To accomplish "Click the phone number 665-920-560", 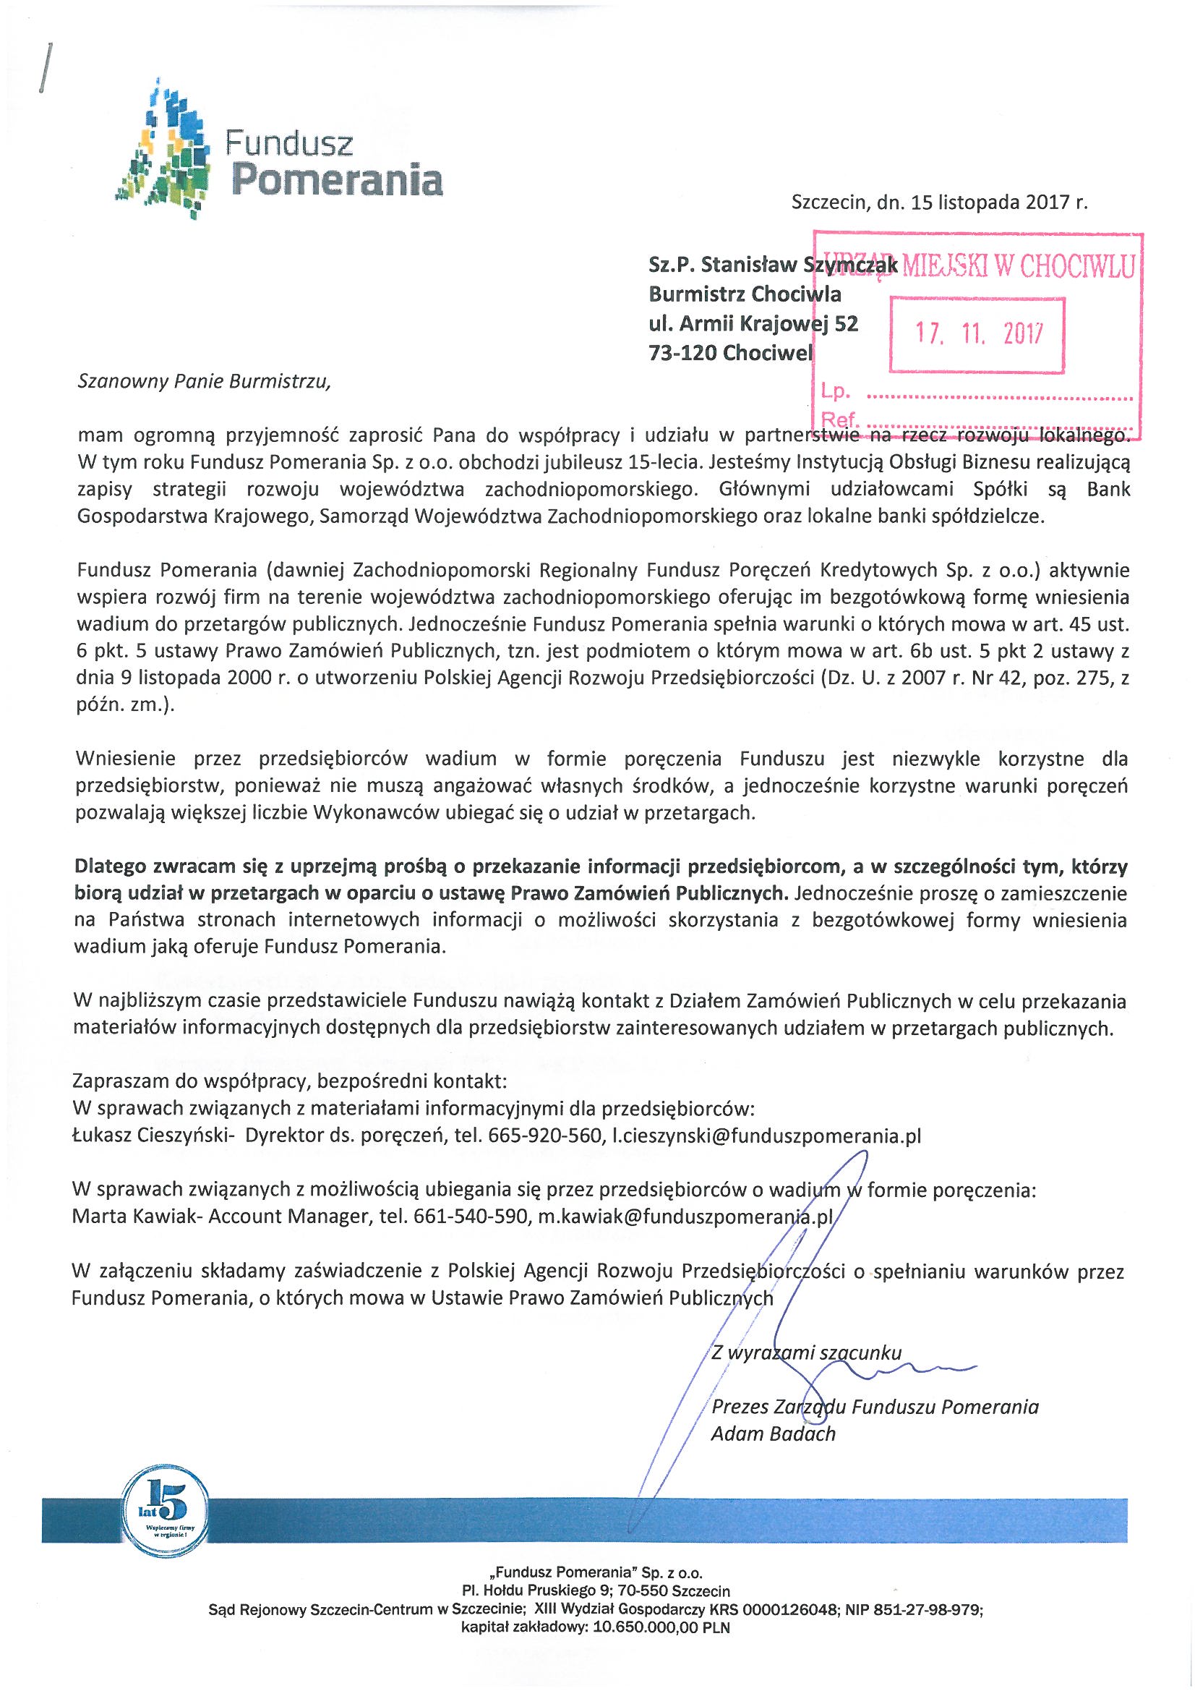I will point(544,1135).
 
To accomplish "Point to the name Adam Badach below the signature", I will point(773,1434).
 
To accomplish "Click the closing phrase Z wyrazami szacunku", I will point(806,1353).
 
